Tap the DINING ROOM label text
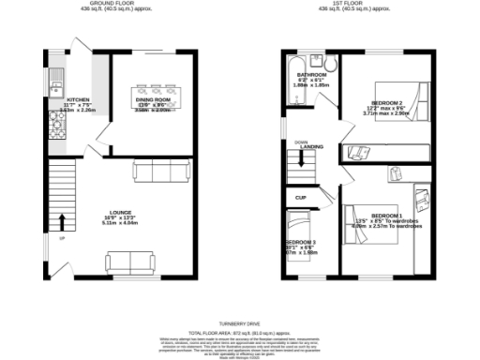coord(150,98)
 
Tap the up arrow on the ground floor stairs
coord(63,222)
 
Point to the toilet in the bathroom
coord(332,62)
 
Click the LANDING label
coord(312,147)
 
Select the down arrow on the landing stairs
coord(301,159)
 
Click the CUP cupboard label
coord(300,198)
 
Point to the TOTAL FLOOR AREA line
coord(239,333)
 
